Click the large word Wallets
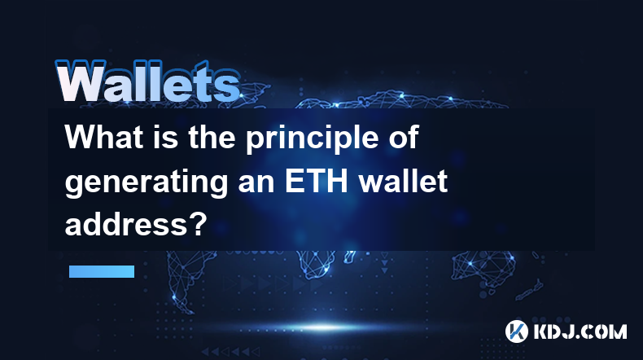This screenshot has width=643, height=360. tap(147, 81)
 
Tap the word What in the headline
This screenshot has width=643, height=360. tap(103, 137)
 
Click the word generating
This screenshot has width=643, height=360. tap(147, 184)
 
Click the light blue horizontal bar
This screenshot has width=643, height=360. tap(102, 271)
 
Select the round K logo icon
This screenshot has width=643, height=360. tap(516, 331)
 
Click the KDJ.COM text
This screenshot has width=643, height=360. tap(580, 331)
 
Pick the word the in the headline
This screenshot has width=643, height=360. tap(212, 137)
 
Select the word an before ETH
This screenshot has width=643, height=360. tap(256, 184)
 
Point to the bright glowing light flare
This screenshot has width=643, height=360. tap(323, 327)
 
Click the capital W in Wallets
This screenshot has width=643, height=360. tap(81, 81)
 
